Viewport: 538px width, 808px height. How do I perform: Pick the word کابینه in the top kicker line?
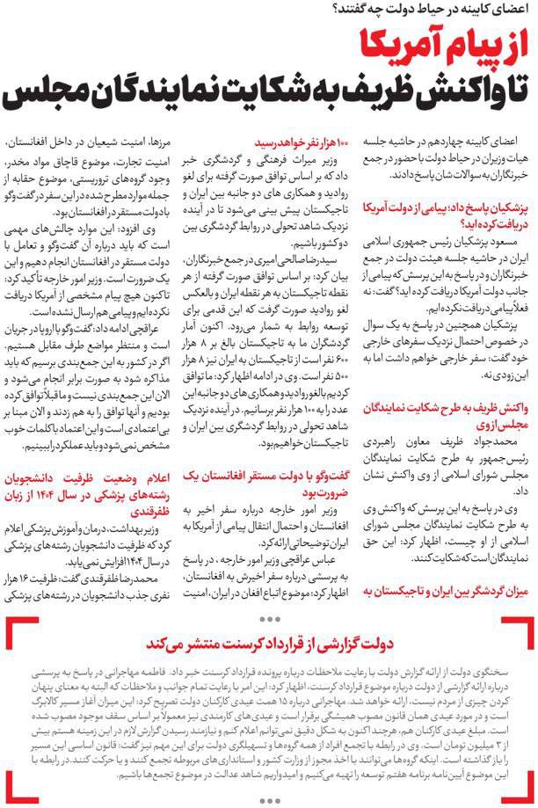(x=482, y=11)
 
